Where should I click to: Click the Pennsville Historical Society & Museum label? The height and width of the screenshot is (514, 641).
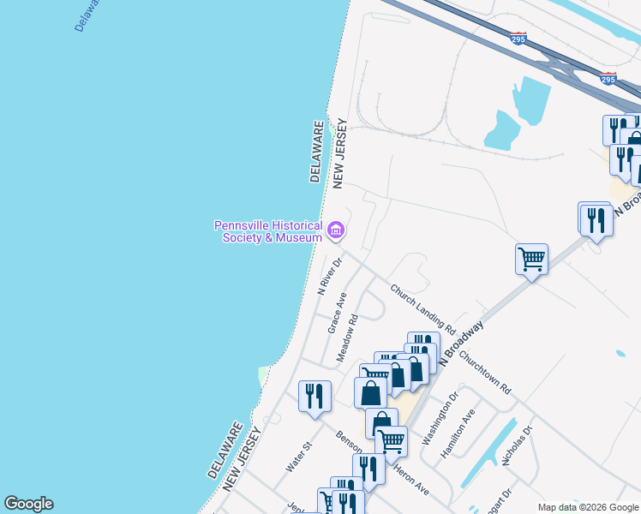267,231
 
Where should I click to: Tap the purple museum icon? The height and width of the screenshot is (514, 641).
335,230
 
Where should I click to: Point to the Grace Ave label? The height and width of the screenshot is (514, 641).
336,313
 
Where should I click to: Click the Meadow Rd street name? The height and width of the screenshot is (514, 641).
347,338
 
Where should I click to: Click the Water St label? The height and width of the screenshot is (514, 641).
298,457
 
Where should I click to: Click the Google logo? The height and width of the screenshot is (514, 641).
28,504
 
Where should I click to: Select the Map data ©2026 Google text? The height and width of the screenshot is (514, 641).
587,507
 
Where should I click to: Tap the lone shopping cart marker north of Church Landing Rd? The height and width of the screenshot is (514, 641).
531,257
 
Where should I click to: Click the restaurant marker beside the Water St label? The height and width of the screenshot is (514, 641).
315,396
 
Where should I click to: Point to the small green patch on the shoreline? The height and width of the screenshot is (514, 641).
263,375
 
